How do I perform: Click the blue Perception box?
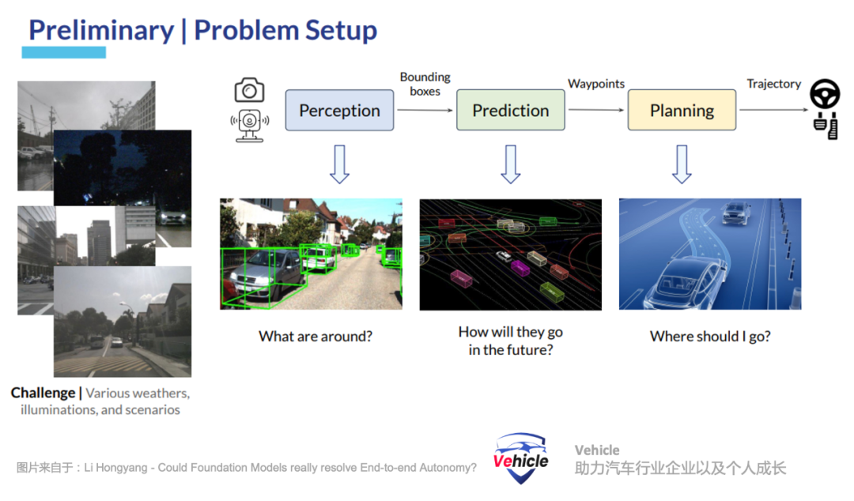(x=339, y=110)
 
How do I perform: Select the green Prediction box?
(x=510, y=110)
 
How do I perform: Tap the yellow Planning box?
(x=682, y=110)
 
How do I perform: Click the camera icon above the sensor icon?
(x=249, y=90)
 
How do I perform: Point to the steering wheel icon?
(x=825, y=94)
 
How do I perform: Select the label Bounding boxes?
(x=425, y=84)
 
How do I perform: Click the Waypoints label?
(x=596, y=84)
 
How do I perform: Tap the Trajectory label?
(x=773, y=84)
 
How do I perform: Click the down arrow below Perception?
(x=339, y=164)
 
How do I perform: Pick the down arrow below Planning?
(x=682, y=164)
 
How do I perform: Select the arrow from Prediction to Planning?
(x=596, y=110)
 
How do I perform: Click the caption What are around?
(x=316, y=337)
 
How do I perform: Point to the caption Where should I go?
(x=710, y=337)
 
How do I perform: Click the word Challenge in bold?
(x=43, y=394)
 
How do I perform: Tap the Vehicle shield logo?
(x=520, y=458)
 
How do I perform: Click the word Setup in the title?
(x=341, y=31)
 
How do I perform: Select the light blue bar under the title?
(x=64, y=52)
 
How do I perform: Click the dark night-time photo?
(x=123, y=168)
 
